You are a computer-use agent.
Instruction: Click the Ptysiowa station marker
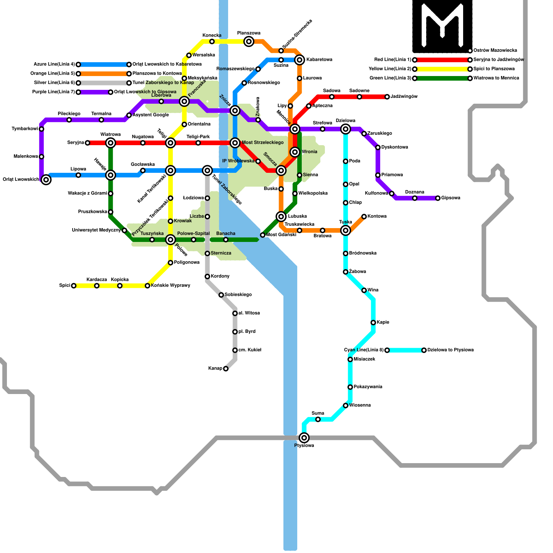coord(304,438)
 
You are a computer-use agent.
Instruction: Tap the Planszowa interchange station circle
coord(249,41)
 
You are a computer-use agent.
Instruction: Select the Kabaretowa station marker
coord(300,60)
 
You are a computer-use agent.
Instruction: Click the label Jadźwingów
coord(404,97)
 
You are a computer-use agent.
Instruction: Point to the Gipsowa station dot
coord(438,198)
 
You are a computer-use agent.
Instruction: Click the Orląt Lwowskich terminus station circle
coord(46,179)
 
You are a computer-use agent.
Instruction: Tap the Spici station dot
coord(74,285)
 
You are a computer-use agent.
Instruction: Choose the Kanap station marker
coord(226,369)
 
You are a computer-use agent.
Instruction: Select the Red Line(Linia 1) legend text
coord(393,60)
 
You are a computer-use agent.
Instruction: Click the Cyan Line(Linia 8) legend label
coord(364,350)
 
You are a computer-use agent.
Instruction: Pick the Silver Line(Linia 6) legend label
coord(54,83)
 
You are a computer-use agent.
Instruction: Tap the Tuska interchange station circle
coord(346,230)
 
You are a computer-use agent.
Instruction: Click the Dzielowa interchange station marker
coord(346,129)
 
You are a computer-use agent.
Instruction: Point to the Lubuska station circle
coord(281,216)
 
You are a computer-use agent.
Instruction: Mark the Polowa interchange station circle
coord(170,240)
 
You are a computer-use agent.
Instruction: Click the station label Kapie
coord(383,322)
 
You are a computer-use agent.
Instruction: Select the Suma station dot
coord(318,419)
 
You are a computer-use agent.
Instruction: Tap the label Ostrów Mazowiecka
coord(495,50)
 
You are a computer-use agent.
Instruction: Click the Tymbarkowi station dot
coord(41,129)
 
